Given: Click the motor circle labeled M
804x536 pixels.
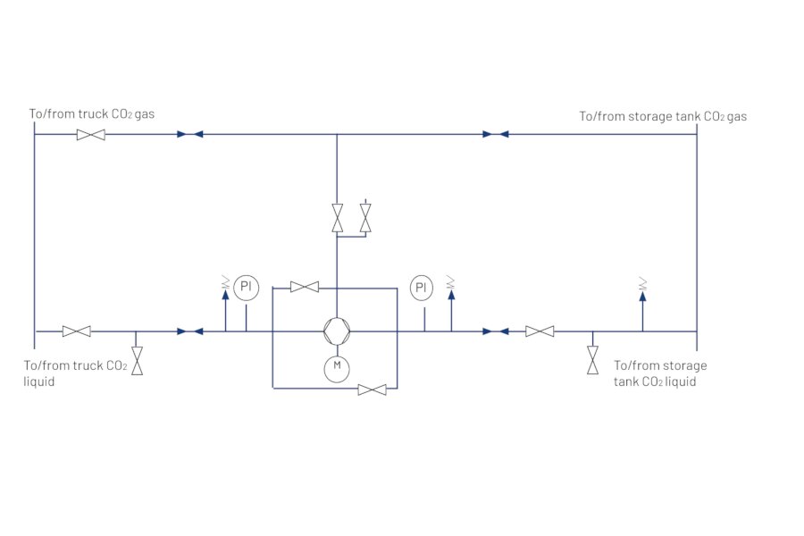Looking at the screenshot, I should [x=337, y=365].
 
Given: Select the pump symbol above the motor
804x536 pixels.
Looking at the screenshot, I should [x=337, y=331].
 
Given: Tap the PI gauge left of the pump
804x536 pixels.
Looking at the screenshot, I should [x=246, y=288].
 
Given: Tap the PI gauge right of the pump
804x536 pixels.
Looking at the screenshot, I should [x=422, y=288].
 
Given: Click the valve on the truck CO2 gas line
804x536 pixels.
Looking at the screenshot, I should [x=90, y=135].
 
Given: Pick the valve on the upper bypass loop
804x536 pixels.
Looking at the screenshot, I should [x=305, y=287].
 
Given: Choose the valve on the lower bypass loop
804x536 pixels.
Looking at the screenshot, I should [x=372, y=389].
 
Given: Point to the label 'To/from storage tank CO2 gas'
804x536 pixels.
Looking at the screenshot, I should [x=663, y=116].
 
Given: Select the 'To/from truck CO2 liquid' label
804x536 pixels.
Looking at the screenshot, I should [x=75, y=373].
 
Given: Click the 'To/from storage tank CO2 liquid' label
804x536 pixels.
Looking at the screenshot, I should [x=660, y=373].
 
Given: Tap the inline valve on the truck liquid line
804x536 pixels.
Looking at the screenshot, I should [x=76, y=331].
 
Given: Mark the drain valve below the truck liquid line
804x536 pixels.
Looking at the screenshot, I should [x=137, y=361].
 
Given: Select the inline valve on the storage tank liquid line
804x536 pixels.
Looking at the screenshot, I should [x=539, y=331].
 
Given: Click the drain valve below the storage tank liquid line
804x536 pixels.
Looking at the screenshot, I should [x=592, y=360].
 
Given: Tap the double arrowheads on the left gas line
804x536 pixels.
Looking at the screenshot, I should [x=189, y=135].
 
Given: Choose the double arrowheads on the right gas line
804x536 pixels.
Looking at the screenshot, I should [x=495, y=135].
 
